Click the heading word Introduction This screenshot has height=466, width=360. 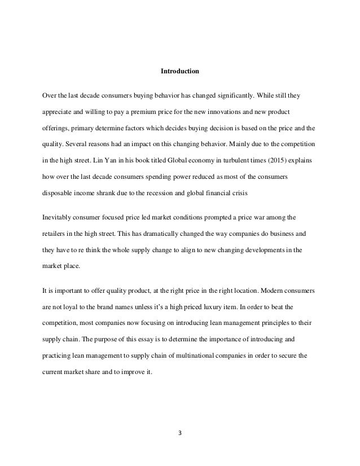[180, 72]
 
